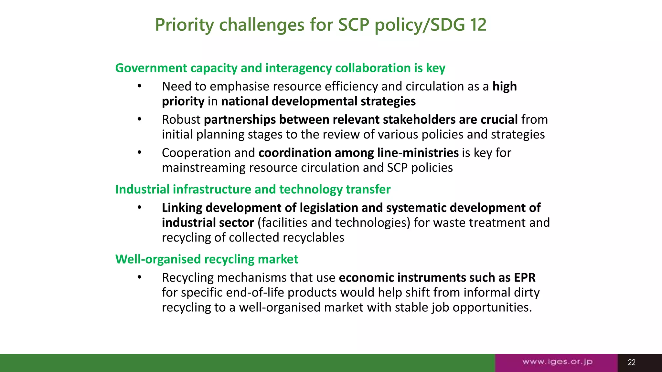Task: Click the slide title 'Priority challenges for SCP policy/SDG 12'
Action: (320, 25)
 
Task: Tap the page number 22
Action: (631, 362)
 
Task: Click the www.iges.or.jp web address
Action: (557, 362)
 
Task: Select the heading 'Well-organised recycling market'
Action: (207, 259)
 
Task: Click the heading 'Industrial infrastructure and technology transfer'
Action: (253, 190)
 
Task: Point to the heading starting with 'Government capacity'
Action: (280, 68)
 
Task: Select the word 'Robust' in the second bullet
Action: (181, 120)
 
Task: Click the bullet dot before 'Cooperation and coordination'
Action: (139, 152)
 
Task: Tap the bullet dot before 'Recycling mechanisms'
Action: (139, 277)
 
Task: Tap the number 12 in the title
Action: (478, 25)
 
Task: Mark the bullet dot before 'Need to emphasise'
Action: (139, 86)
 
